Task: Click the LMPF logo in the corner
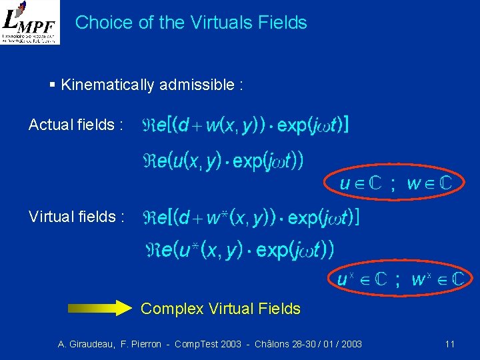pyautogui.click(x=30, y=22)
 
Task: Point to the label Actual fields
pyautogui.click(x=75, y=125)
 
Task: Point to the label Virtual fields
pyautogui.click(x=76, y=217)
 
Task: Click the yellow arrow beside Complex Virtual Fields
pyautogui.click(x=101, y=308)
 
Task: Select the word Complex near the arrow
pyautogui.click(x=172, y=309)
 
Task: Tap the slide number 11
pyautogui.click(x=449, y=344)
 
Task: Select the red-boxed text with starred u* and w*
pyautogui.click(x=399, y=278)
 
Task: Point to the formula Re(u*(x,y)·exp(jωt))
pyautogui.click(x=240, y=250)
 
